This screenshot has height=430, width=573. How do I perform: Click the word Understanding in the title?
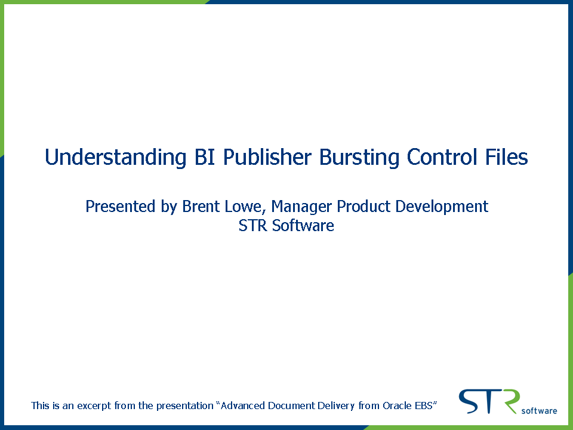click(115, 158)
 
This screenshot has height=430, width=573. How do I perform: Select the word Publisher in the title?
click(267, 157)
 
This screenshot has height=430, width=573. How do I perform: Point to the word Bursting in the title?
click(359, 158)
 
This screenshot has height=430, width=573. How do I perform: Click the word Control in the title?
click(442, 157)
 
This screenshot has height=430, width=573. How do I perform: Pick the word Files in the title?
click(507, 157)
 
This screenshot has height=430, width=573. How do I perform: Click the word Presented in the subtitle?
click(120, 206)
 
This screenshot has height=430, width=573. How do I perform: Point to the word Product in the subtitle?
click(363, 206)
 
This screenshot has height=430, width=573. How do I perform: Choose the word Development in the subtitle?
click(442, 207)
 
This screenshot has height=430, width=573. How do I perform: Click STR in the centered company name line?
click(253, 225)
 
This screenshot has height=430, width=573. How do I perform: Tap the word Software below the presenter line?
click(303, 225)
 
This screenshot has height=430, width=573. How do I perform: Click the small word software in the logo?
click(539, 411)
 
